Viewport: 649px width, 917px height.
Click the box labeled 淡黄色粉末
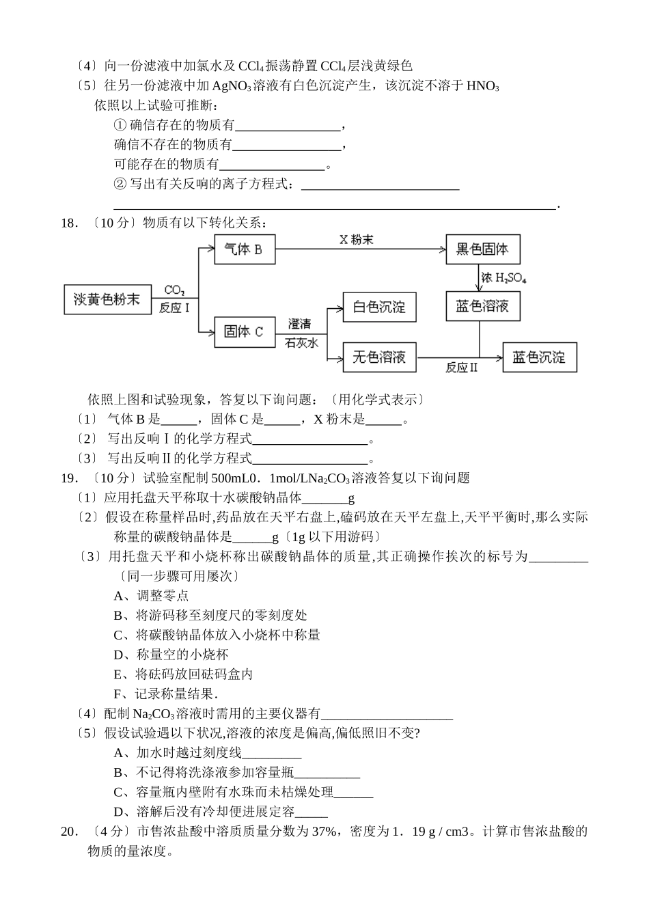click(107, 299)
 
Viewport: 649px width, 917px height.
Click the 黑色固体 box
click(482, 249)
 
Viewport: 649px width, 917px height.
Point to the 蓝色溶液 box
click(482, 306)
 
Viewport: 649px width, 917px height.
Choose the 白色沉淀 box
click(378, 307)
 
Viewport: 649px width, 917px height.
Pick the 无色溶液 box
click(378, 357)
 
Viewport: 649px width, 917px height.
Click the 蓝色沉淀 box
click(539, 357)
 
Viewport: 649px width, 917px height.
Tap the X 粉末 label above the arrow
click(356, 240)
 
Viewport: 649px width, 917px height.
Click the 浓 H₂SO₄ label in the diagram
click(503, 278)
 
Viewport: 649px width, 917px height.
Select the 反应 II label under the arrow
click(461, 368)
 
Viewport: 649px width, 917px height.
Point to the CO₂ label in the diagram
click(174, 291)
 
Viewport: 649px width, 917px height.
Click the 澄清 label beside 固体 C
click(299, 324)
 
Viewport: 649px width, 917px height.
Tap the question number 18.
click(67, 223)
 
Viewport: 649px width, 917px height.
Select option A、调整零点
click(151, 595)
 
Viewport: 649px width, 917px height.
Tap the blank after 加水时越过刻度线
click(271, 753)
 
